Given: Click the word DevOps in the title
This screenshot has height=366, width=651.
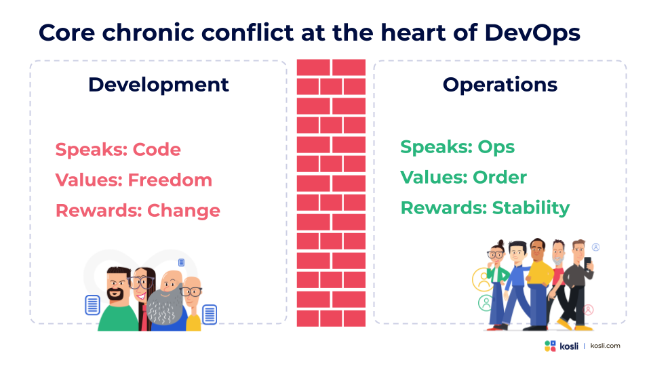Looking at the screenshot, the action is pos(532,33).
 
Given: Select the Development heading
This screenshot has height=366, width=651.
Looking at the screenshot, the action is pos(158,85).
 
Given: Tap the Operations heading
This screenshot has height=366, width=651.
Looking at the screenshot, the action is pos(500,85).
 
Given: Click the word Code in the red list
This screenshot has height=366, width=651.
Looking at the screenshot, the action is pos(157,149).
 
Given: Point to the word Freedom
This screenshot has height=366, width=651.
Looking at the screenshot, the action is pos(170,180).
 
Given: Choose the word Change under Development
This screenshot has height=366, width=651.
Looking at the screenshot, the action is pos(184,211).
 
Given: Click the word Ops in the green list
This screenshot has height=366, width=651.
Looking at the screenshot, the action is pos(496,147).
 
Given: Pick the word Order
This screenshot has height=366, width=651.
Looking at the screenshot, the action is pos(500,178).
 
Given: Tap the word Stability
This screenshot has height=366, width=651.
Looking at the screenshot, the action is pos(530,208).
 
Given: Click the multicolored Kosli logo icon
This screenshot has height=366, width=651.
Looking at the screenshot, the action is pos(550,346).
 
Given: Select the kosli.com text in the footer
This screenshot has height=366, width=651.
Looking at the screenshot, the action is pos(605,346).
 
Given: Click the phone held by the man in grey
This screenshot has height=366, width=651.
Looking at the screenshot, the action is pos(587,264).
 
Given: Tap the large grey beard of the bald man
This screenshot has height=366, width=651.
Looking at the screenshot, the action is pos(164,306).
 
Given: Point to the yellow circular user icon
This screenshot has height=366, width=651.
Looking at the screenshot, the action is pos(483,280).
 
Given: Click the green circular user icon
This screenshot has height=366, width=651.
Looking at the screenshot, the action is pos(485,303).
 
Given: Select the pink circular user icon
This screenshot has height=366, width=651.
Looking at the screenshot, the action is pos(589,310).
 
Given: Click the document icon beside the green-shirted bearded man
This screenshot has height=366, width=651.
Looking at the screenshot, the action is pos(92,305).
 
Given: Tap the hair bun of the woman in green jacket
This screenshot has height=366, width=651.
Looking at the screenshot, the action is pos(500,243).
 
